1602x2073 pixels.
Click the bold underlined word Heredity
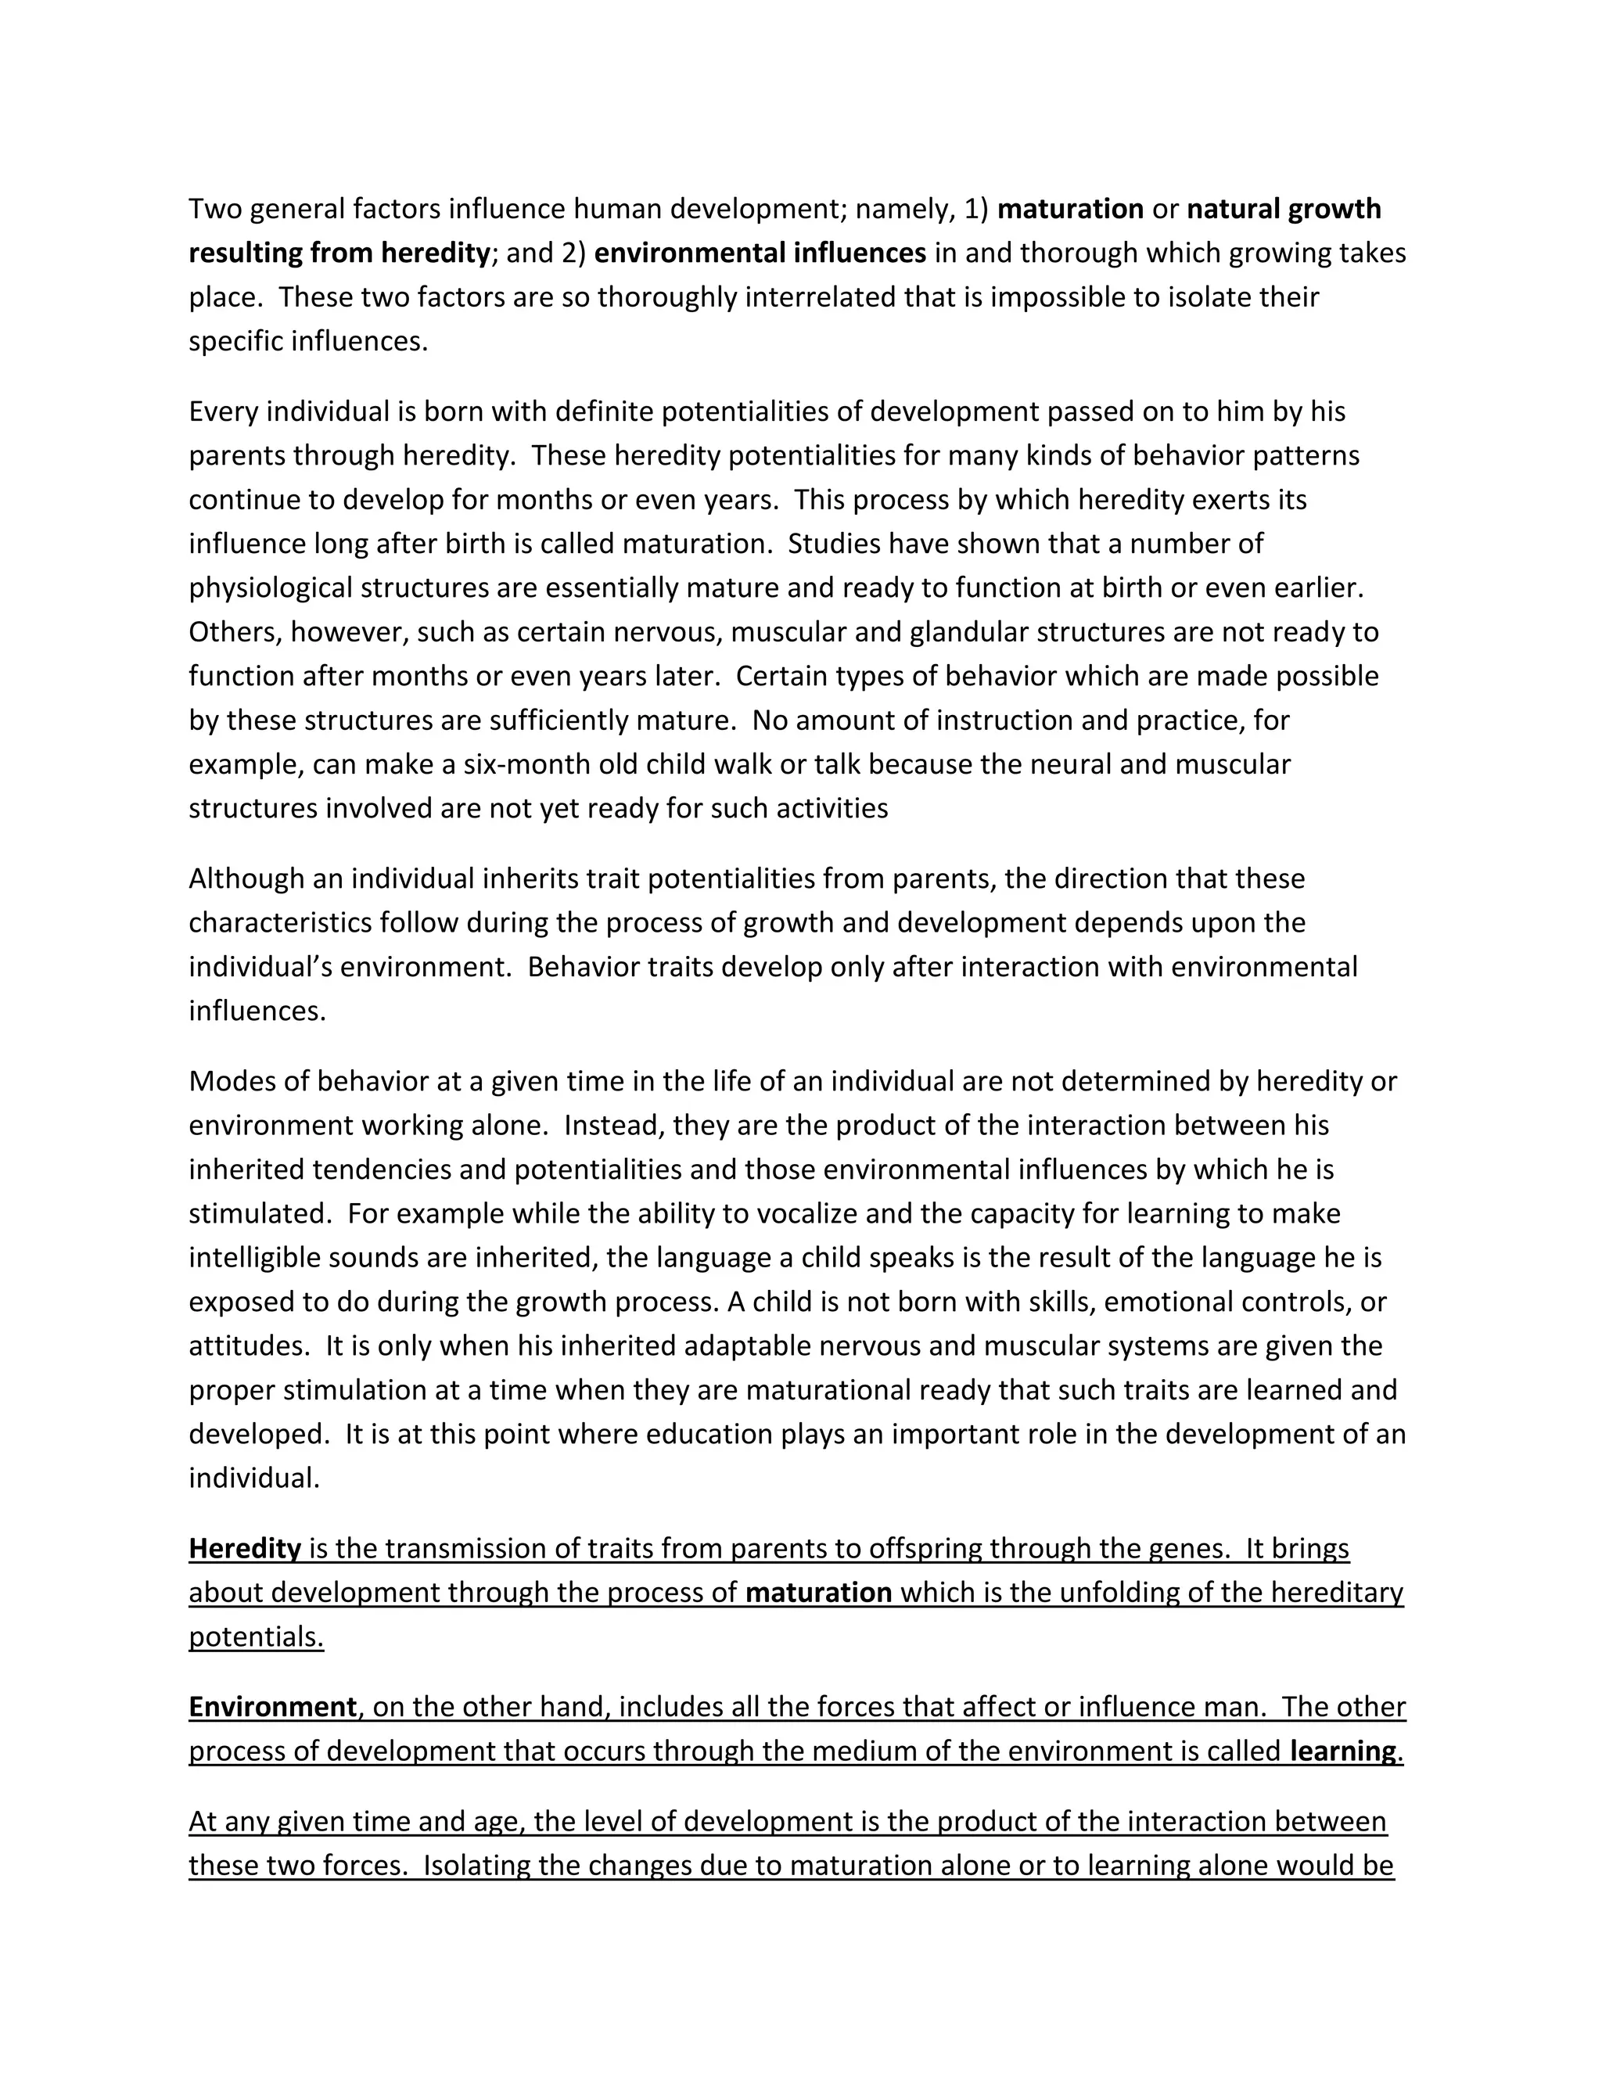[x=245, y=1549]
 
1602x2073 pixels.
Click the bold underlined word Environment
[x=272, y=1708]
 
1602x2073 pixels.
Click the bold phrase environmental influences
[x=760, y=253]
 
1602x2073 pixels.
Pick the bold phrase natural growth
[x=1284, y=209]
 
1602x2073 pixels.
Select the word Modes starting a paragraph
[x=228, y=1082]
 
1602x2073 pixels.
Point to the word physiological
[x=271, y=588]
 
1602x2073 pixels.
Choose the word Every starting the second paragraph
[x=223, y=412]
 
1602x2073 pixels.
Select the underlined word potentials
[x=257, y=1637]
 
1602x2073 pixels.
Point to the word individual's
[x=260, y=967]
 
